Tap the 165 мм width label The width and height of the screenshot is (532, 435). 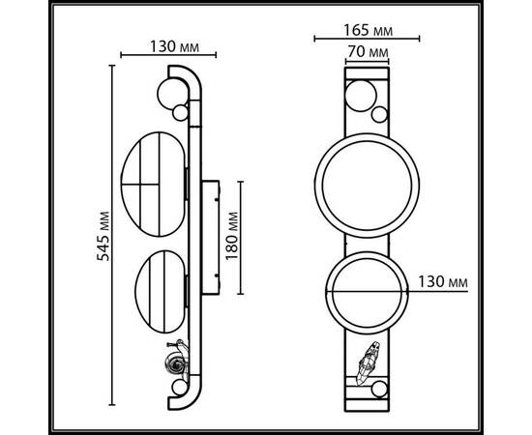[368, 27]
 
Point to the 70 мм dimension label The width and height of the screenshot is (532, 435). [368, 51]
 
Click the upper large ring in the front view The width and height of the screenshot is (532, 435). [367, 185]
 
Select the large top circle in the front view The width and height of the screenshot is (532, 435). [359, 96]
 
